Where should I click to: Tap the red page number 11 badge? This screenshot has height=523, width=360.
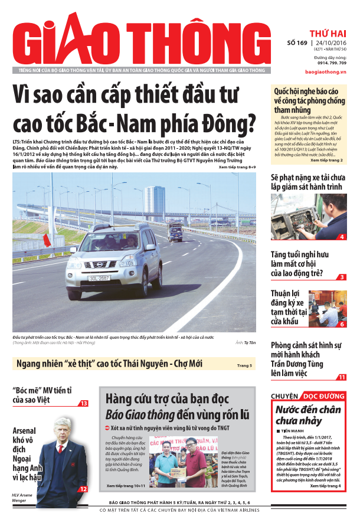[x=342, y=377]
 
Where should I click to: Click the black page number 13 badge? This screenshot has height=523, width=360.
[x=84, y=403]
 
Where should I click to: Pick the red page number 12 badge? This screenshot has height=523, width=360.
[x=83, y=489]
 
